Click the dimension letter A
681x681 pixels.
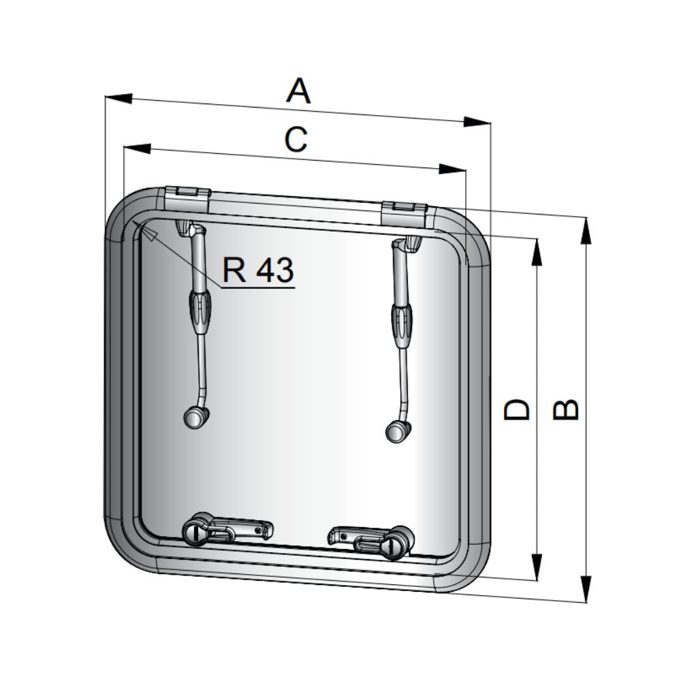pos(298,91)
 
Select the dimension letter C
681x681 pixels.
pos(296,140)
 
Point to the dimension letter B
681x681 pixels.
pos(565,409)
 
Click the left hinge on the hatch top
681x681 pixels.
pos(188,199)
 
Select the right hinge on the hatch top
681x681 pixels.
pos(405,212)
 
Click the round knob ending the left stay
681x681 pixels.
pos(195,417)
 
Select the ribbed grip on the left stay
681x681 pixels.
pos(200,311)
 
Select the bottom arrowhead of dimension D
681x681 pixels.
pos(537,567)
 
